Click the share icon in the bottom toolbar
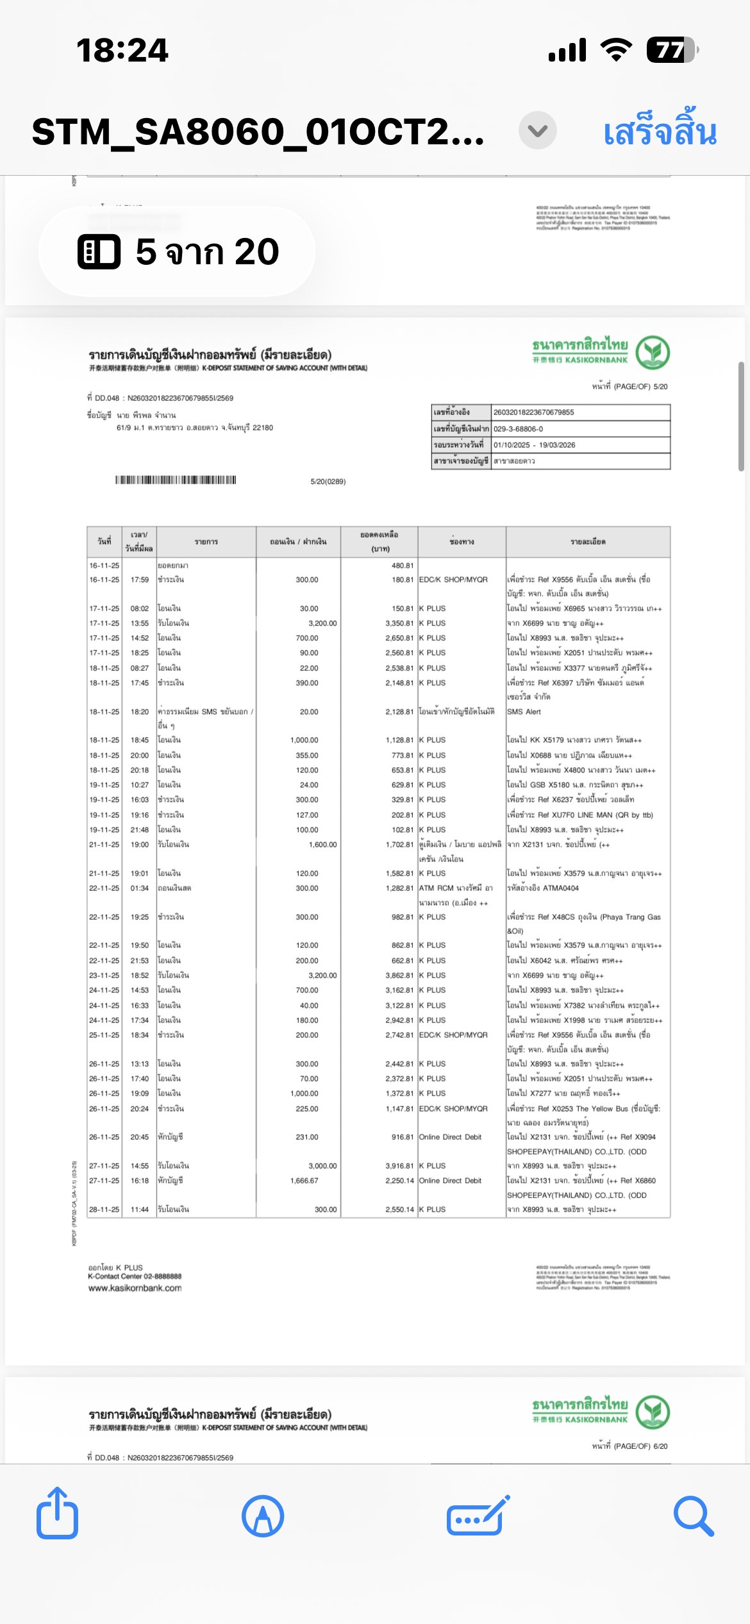58,1515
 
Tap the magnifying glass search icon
693,1516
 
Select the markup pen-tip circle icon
263,1516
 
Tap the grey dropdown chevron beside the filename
537,131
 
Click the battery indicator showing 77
671,50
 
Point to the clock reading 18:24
122,50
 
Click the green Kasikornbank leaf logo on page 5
653,352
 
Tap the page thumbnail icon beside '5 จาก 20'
99,251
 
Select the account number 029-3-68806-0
518,428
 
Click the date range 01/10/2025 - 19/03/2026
534,444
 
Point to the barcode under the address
176,480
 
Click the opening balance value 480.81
403,566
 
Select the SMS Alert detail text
524,711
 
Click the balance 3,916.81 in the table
399,1165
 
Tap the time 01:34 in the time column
139,888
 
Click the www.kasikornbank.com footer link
135,1288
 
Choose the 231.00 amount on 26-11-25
307,1137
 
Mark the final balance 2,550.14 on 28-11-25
399,1209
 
